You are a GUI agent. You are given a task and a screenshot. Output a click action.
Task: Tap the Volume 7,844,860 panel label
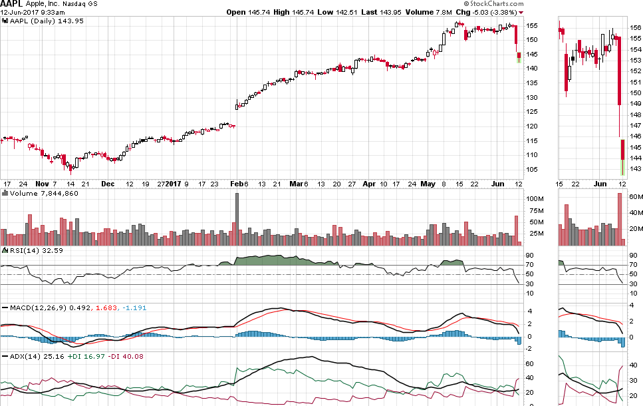tap(41, 193)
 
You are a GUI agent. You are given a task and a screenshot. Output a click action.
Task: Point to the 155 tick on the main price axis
tap(533, 26)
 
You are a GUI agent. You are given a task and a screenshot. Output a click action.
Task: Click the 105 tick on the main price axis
tap(533, 169)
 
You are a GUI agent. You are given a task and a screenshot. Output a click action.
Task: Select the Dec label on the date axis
tap(108, 183)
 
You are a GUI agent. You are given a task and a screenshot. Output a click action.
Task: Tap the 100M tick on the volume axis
tap(535, 199)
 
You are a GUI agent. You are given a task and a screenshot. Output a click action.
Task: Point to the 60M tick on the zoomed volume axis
tap(635, 197)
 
